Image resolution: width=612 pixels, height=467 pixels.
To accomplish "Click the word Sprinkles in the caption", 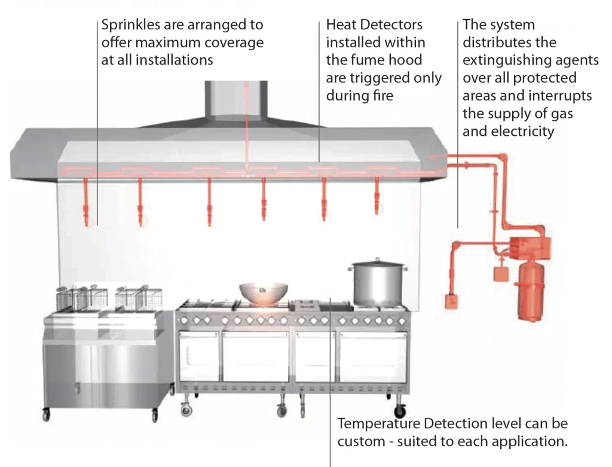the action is pyautogui.click(x=131, y=25).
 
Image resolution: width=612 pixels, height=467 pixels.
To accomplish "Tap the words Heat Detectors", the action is pyautogui.click(x=374, y=25).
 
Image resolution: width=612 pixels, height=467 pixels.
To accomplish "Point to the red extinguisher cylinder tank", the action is pyautogui.click(x=531, y=291).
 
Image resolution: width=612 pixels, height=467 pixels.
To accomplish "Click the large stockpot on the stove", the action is pyautogui.click(x=378, y=283).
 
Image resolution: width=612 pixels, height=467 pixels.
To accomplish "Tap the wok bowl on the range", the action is pyautogui.click(x=264, y=294).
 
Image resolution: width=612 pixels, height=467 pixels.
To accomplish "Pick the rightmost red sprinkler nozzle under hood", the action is pyautogui.click(x=377, y=196).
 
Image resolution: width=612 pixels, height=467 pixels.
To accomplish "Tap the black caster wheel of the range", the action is pyautogui.click(x=400, y=411).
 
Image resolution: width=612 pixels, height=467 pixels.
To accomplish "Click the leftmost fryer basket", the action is pyautogui.click(x=66, y=299).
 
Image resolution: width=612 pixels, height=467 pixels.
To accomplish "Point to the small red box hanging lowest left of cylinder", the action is pyautogui.click(x=452, y=301).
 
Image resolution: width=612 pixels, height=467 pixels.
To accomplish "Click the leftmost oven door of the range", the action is pyautogui.click(x=198, y=356).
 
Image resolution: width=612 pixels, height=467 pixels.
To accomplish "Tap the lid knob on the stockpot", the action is pyautogui.click(x=377, y=260).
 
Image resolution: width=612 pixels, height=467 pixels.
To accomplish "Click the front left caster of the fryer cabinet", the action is pyautogui.click(x=46, y=414).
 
